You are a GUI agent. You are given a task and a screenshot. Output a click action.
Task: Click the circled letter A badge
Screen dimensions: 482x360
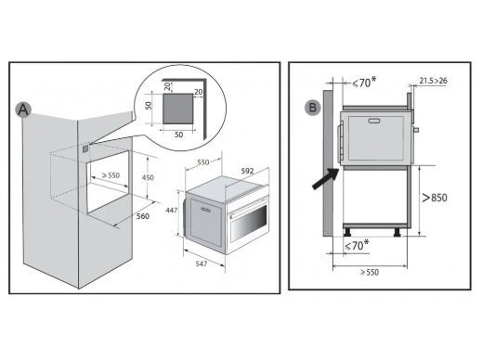pos(23,109)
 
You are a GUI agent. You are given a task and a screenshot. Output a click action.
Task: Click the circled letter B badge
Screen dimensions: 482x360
pos(313,108)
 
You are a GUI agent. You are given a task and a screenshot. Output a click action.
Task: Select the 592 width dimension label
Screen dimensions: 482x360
pos(247,171)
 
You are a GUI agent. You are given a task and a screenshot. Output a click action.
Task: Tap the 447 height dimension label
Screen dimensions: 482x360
pos(172,211)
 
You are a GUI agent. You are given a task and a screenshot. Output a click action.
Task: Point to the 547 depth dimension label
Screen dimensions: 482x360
pos(202,264)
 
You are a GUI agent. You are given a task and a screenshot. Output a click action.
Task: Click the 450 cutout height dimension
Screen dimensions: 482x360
pos(148,177)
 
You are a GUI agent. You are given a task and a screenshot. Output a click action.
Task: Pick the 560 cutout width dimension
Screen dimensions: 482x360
pos(143,216)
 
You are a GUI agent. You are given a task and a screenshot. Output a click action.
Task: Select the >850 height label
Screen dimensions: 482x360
pos(435,198)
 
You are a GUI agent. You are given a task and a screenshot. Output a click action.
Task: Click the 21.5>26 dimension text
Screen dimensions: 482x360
pos(434,81)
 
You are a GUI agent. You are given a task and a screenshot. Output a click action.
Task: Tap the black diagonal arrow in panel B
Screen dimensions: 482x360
pos(326,178)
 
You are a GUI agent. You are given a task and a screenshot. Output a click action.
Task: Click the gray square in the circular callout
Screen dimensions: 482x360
pos(178,109)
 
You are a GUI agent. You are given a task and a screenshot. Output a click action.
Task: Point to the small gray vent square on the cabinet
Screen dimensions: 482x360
pos(85,148)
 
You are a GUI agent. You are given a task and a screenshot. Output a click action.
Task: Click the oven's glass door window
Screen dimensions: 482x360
pos(249,222)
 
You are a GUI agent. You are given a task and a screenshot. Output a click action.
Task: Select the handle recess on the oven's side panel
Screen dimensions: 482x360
pos(205,211)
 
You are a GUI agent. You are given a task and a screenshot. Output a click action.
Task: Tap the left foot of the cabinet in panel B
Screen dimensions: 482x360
pos(347,232)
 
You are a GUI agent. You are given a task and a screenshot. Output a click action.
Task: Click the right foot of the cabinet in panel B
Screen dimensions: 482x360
pos(397,233)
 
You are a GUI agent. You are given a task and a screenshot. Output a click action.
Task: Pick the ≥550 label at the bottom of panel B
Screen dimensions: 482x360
pos(370,273)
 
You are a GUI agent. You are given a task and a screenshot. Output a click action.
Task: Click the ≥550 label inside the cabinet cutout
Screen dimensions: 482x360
pos(111,175)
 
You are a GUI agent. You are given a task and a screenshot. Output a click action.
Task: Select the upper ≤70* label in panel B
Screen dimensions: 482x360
pos(364,83)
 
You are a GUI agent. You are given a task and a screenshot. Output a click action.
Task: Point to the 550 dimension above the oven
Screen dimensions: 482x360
pos(203,162)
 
